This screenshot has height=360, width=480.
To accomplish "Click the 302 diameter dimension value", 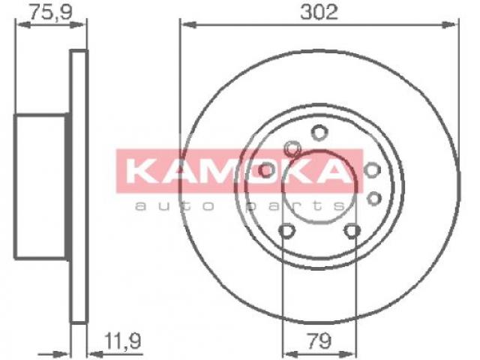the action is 319,12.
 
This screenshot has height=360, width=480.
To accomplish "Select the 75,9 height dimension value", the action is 50,12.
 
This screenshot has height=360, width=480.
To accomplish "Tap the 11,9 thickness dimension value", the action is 122,340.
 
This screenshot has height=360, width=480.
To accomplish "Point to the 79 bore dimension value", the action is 319,340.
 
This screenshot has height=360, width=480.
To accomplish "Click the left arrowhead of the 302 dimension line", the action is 188,25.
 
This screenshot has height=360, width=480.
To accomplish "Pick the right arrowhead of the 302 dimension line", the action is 450,25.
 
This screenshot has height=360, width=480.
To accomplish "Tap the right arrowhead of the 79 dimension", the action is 349,354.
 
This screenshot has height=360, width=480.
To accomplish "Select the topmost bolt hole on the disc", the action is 319,133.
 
